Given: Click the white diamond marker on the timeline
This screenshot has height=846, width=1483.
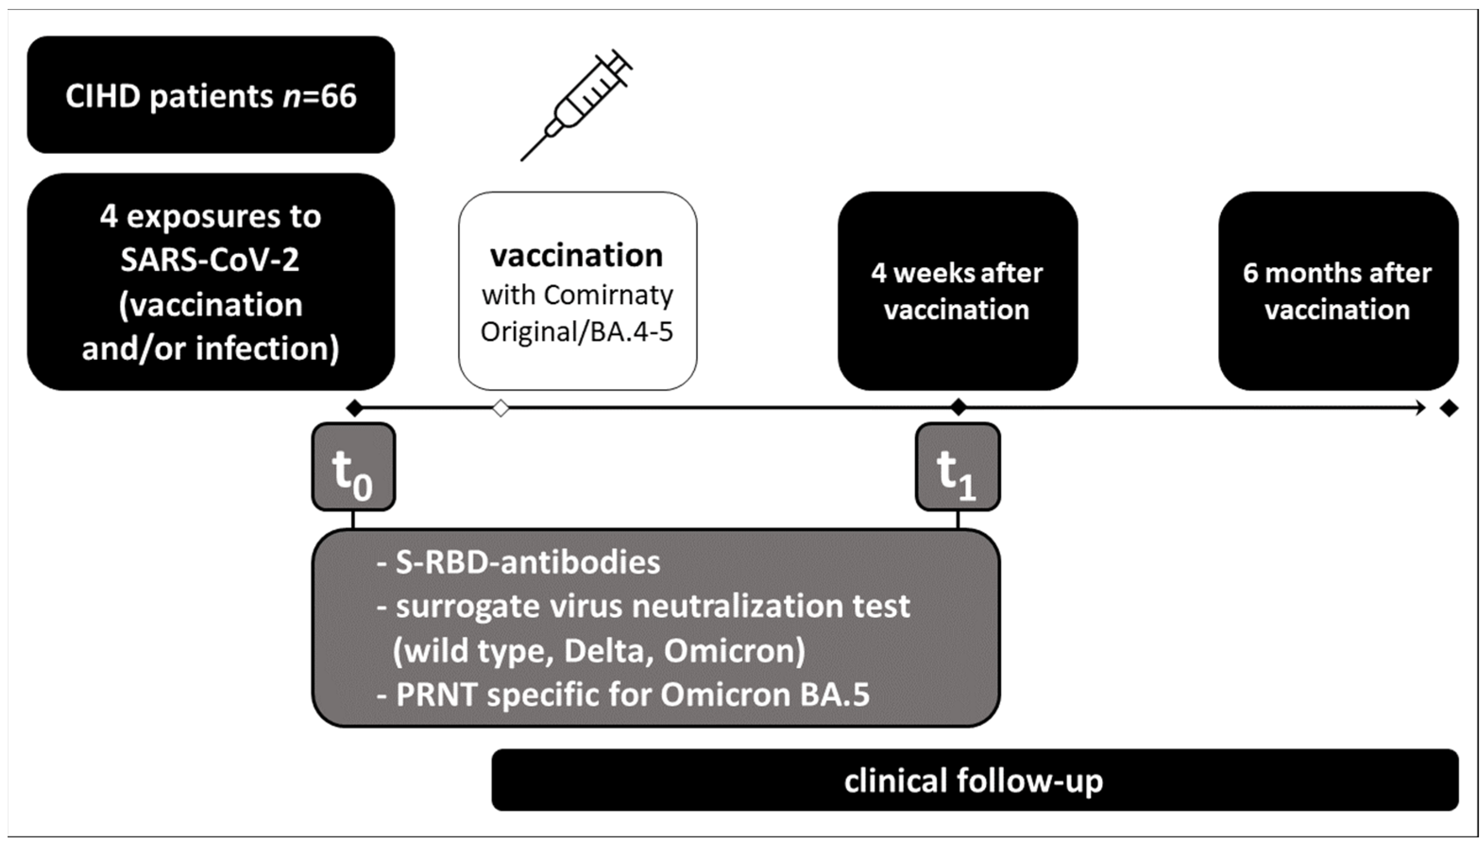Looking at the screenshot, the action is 501,408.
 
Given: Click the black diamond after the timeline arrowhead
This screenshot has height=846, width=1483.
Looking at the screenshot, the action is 1449,408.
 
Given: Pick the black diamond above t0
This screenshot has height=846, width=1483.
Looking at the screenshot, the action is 354,408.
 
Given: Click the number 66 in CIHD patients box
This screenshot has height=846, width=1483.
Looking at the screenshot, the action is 338,96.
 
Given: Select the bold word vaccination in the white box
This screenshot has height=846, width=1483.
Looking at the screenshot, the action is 576,256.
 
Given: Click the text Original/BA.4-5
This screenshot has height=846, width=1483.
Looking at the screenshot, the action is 576,332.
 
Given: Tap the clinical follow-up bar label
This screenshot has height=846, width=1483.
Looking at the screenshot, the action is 974,780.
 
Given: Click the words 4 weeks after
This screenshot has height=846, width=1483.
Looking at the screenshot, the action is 957,273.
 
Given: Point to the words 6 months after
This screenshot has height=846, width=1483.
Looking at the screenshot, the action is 1337,273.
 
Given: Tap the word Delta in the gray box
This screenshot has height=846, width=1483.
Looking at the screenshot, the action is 604,651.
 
